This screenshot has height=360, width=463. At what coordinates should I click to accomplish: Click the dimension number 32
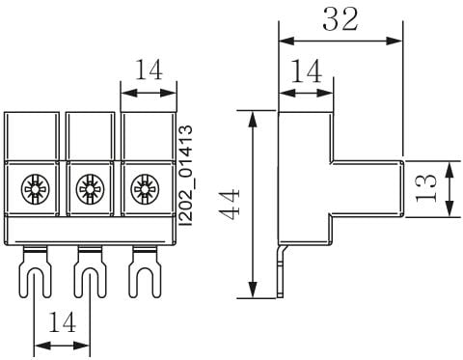(340, 19)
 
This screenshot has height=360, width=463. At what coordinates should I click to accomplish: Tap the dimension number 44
(229, 204)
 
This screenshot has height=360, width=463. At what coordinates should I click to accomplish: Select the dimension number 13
(426, 188)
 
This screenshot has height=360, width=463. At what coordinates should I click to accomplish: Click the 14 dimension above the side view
(306, 71)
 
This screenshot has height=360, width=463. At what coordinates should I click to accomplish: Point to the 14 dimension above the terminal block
(149, 69)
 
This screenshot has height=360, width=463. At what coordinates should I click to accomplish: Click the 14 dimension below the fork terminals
(62, 322)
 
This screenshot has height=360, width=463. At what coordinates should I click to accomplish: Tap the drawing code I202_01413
(186, 176)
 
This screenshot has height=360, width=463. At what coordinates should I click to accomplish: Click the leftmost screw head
(35, 189)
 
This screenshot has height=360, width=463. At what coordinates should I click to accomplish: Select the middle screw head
(90, 189)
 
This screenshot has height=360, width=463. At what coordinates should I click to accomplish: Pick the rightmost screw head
(145, 189)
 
